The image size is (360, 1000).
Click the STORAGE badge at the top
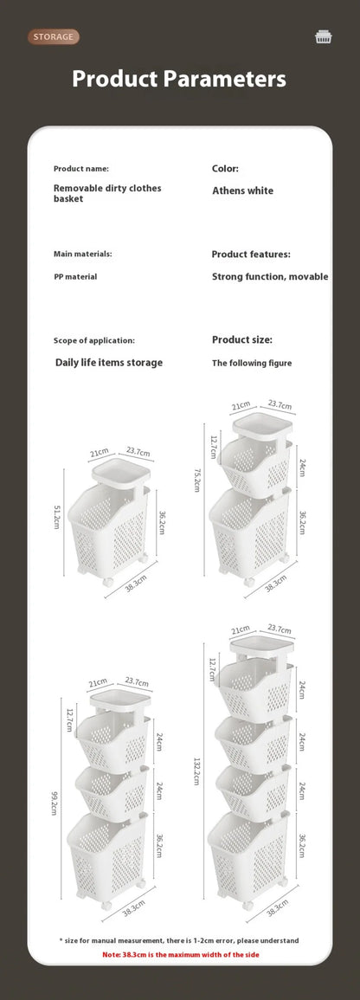click(54, 36)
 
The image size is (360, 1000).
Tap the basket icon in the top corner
click(324, 36)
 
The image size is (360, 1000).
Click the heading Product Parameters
click(179, 80)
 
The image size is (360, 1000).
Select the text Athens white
click(242, 190)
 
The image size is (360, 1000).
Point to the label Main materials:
click(83, 254)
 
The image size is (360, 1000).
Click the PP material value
click(75, 276)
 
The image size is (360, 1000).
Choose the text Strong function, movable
click(270, 277)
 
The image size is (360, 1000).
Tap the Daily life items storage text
click(108, 363)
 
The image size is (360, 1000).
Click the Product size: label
click(242, 340)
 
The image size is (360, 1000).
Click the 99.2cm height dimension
click(54, 802)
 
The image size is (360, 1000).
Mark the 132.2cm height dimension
click(196, 767)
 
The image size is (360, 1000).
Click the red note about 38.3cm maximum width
click(180, 954)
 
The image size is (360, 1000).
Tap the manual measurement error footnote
click(179, 940)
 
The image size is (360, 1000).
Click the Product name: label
click(81, 169)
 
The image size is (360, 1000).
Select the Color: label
click(225, 169)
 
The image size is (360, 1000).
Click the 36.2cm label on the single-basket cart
click(161, 524)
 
